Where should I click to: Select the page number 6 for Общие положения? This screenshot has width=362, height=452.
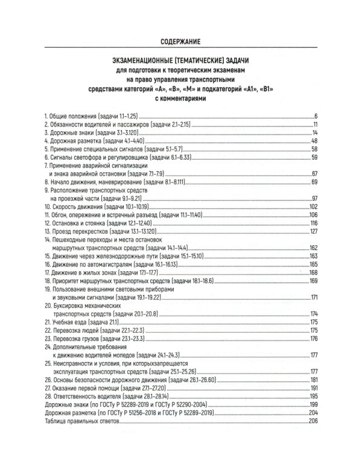(316, 115)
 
